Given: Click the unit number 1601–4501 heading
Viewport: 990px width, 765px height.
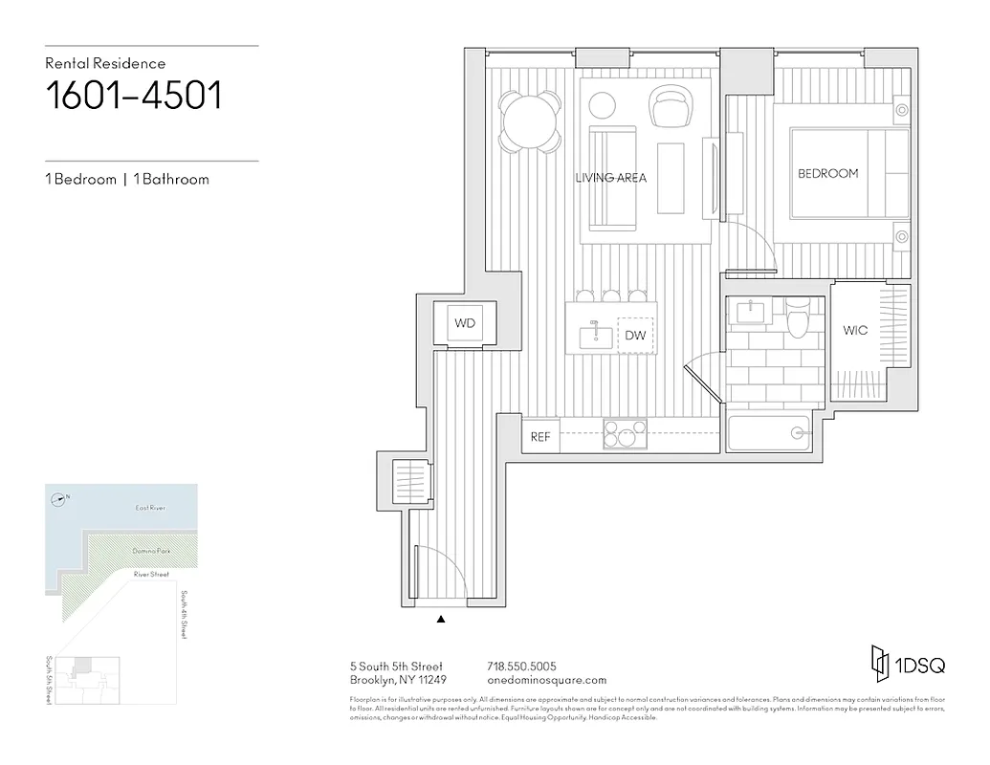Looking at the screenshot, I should (x=134, y=98).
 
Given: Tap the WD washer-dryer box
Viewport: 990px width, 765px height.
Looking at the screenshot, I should (x=465, y=323).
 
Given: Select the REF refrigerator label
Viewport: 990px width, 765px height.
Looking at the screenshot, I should (x=540, y=437).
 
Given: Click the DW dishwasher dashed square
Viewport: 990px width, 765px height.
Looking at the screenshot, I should (x=634, y=336).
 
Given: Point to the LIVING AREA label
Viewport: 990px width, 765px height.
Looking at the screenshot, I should (x=610, y=178).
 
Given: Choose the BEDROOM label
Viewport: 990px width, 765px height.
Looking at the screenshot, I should (x=827, y=173).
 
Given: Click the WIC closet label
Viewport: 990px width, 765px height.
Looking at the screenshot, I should (x=855, y=331).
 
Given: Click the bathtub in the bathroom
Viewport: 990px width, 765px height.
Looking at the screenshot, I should (x=770, y=433).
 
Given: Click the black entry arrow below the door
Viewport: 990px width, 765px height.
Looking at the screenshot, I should (x=441, y=620).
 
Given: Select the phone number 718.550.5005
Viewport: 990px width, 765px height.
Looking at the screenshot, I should (x=522, y=666).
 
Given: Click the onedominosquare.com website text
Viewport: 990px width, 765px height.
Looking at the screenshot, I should (x=547, y=680).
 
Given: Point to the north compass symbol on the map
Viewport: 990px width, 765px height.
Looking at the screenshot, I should (x=60, y=497).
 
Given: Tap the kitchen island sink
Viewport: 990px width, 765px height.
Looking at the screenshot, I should (x=595, y=335).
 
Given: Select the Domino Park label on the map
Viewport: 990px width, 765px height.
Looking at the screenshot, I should (x=151, y=552).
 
